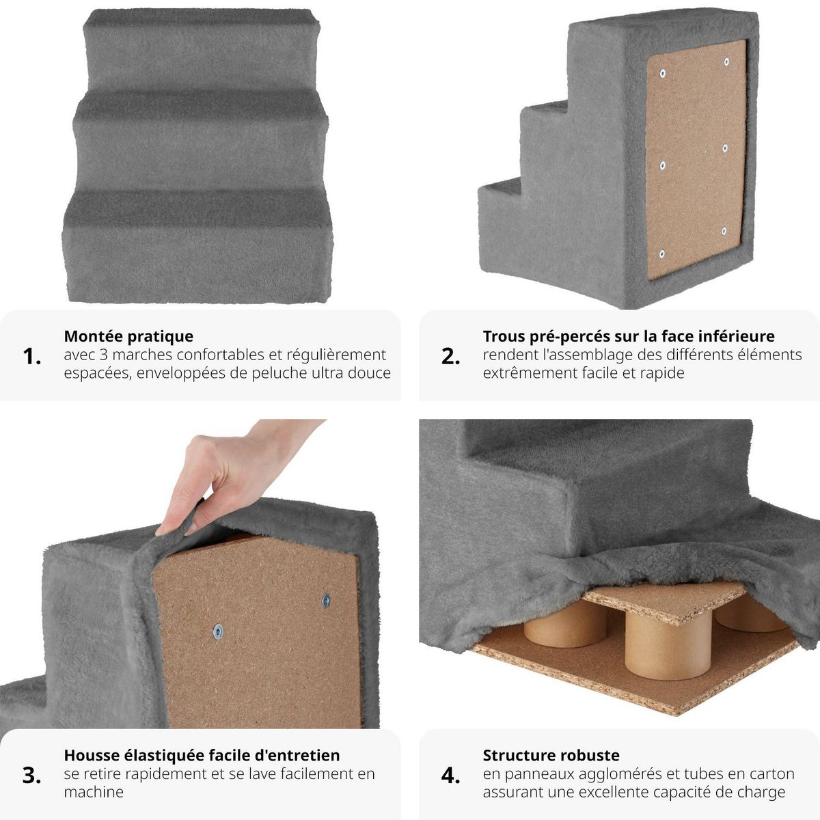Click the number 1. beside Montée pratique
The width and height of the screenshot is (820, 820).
[32, 356]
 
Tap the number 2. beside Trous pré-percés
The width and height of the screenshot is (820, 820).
[450, 356]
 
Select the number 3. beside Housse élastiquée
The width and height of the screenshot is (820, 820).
[32, 775]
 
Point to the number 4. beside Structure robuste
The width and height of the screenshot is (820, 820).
[450, 775]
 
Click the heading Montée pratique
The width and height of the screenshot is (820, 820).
[128, 336]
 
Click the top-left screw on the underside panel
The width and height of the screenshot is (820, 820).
[661, 72]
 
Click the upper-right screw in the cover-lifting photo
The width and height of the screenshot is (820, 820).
[326, 601]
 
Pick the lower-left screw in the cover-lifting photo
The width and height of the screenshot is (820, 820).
[217, 631]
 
